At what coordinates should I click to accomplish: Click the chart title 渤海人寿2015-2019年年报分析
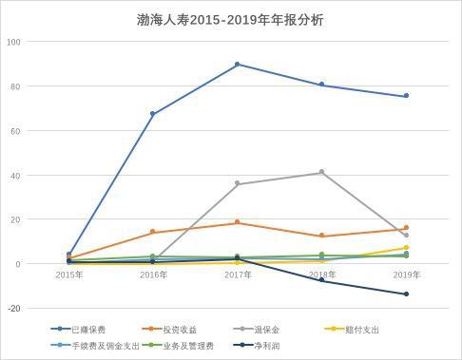point(230,19)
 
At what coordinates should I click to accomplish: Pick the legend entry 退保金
point(260,330)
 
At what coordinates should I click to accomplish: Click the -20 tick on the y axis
point(13,308)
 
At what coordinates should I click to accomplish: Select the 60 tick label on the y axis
point(15,131)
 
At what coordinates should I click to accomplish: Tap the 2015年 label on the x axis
point(68,275)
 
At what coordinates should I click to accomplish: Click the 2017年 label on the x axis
point(238,275)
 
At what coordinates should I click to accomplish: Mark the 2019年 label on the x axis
point(406,275)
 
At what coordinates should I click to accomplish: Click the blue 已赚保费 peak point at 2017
point(238,65)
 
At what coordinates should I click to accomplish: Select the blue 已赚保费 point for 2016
point(153,114)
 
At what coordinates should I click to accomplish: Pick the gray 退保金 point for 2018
point(321,172)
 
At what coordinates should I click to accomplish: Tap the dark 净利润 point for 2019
point(406,294)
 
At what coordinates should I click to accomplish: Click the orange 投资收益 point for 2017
point(238,222)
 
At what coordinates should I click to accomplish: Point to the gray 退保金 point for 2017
point(238,184)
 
